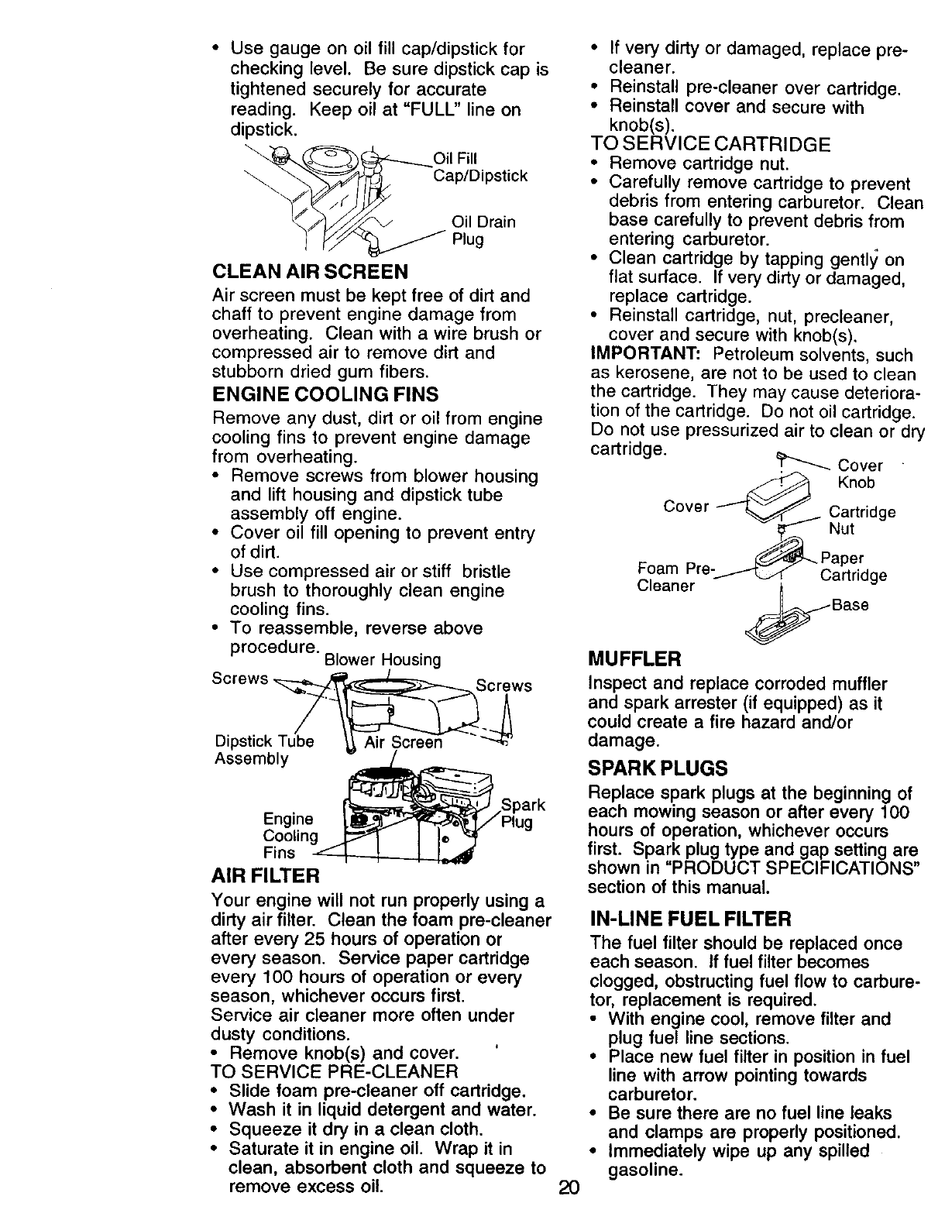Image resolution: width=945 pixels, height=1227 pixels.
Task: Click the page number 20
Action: click(x=569, y=1209)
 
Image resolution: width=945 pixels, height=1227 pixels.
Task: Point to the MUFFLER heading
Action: click(x=634, y=660)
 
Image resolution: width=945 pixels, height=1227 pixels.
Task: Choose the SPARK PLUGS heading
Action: click(x=658, y=768)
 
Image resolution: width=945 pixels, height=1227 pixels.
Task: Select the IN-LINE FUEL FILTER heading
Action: click(x=690, y=919)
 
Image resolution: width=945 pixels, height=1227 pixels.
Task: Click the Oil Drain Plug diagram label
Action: click(x=483, y=231)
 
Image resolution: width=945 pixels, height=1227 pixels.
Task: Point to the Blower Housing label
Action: click(x=383, y=660)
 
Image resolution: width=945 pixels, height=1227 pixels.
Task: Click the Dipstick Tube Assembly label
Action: click(x=263, y=750)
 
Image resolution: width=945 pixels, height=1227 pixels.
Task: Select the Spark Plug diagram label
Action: click(x=522, y=813)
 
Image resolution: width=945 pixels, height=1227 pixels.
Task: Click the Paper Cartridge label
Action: click(x=852, y=566)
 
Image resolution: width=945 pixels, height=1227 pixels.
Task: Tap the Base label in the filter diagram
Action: click(x=850, y=604)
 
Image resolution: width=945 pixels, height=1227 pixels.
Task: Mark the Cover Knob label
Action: click(x=860, y=474)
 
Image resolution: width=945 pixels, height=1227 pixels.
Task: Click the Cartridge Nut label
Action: click(x=861, y=521)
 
